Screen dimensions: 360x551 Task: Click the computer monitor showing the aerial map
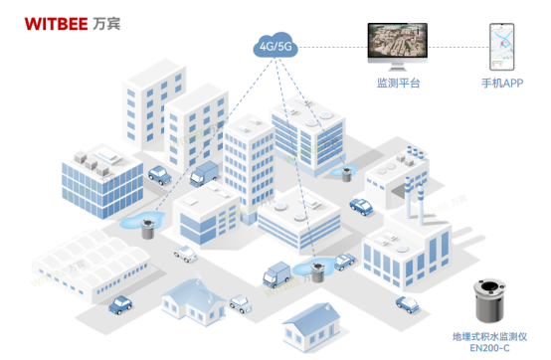(397, 47)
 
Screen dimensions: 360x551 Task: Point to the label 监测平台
(397, 84)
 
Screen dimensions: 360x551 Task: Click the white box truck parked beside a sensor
(277, 270)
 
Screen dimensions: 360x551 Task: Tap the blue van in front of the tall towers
(204, 173)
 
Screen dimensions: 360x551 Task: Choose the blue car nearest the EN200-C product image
(409, 302)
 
